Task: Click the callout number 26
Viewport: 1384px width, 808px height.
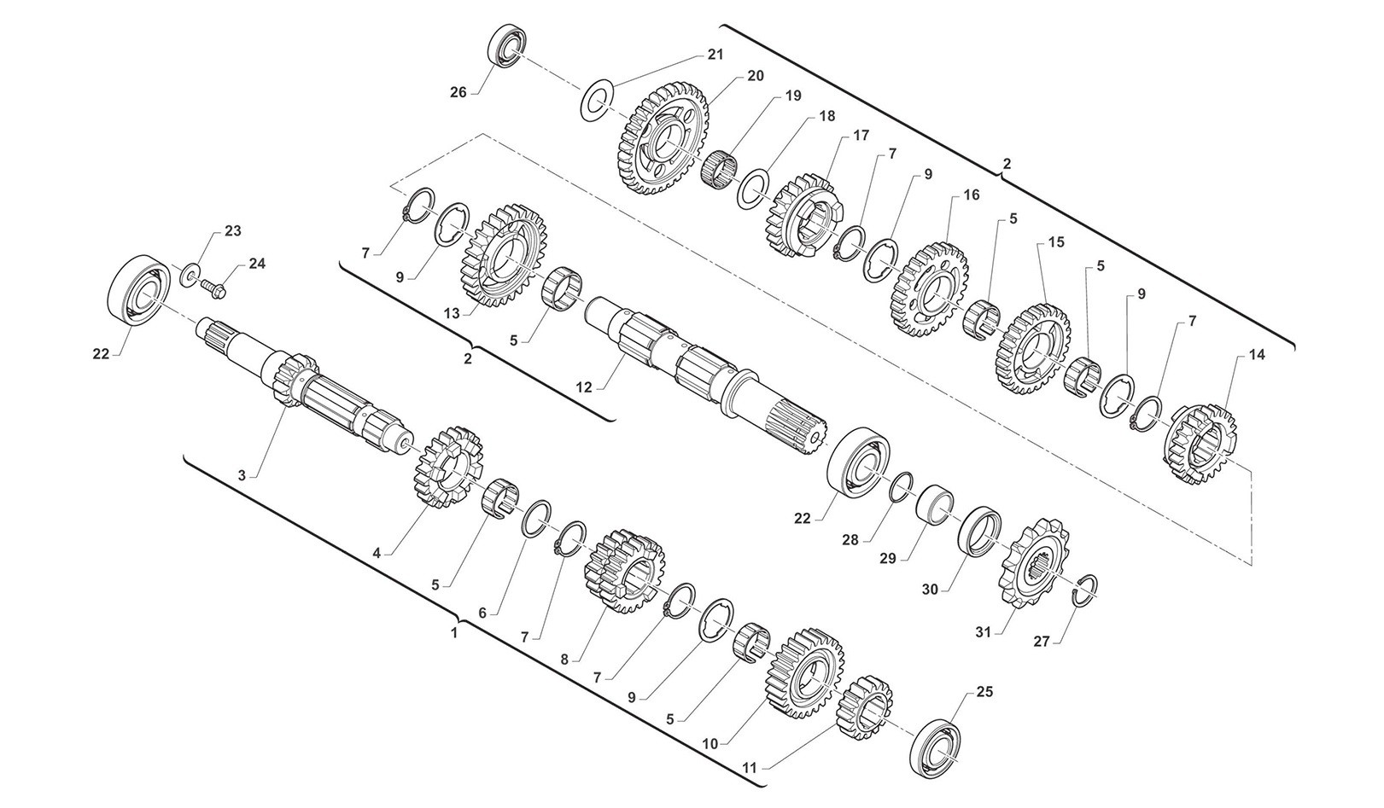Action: pyautogui.click(x=458, y=93)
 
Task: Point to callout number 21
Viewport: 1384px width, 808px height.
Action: pyautogui.click(x=715, y=55)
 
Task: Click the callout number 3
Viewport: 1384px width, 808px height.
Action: pyautogui.click(x=242, y=475)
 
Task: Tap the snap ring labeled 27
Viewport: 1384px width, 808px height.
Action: pyautogui.click(x=1084, y=591)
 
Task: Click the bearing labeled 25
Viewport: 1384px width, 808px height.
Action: pyautogui.click(x=937, y=747)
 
